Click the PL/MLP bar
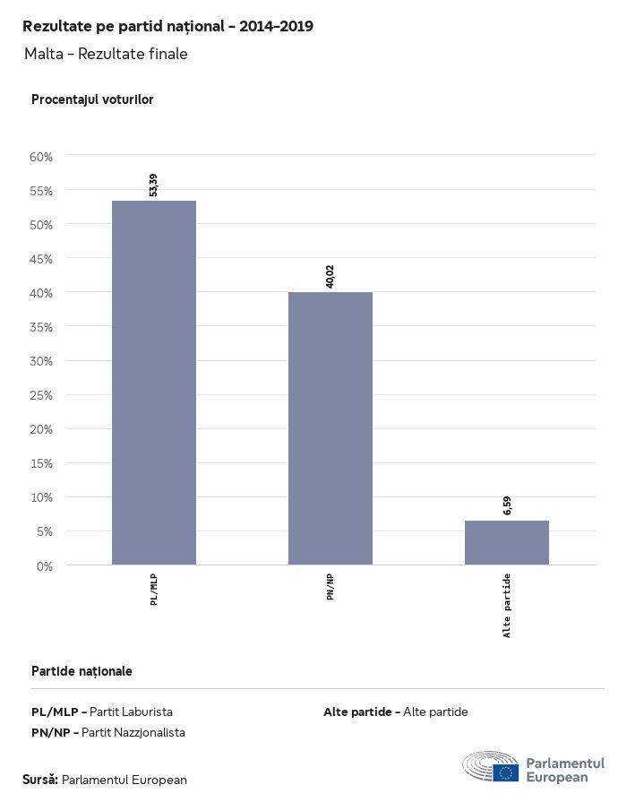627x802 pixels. click(154, 383)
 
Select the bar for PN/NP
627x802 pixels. click(331, 428)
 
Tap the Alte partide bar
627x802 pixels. click(507, 543)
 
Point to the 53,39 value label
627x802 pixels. click(154, 185)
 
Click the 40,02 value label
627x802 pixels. click(331, 277)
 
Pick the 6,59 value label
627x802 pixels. click(507, 504)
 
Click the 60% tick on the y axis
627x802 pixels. click(42, 157)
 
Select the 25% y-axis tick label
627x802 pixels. click(42, 395)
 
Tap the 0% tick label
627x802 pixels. click(45, 565)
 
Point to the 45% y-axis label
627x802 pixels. click(42, 259)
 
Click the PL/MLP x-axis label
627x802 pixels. click(154, 590)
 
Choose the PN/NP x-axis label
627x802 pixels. click(331, 586)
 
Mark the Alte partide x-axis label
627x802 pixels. click(507, 605)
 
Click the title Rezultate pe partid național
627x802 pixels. click(167, 26)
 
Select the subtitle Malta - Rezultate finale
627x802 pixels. click(106, 54)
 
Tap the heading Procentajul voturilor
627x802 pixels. click(92, 99)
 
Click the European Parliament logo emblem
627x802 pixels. click(491, 768)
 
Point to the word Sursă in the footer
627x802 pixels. click(40, 780)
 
